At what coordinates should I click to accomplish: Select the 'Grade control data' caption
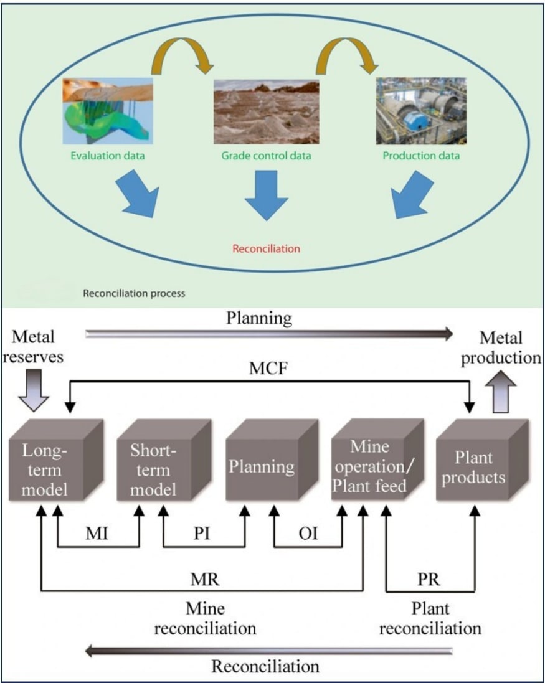tap(266, 156)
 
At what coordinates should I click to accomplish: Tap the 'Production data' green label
tap(421, 156)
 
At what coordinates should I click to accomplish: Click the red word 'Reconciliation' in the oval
tap(266, 248)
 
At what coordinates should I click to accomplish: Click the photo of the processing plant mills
tap(421, 111)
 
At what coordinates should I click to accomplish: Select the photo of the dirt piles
tap(266, 111)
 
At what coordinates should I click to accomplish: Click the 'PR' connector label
tap(429, 578)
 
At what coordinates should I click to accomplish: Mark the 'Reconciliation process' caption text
tap(134, 292)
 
